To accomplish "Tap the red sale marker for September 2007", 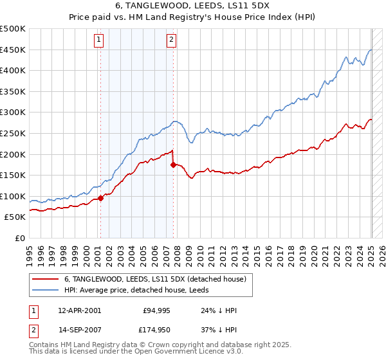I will [173, 165].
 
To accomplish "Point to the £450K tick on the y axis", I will [13, 50].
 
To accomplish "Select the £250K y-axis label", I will [13, 133].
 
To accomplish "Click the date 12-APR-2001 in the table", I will [79, 310].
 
